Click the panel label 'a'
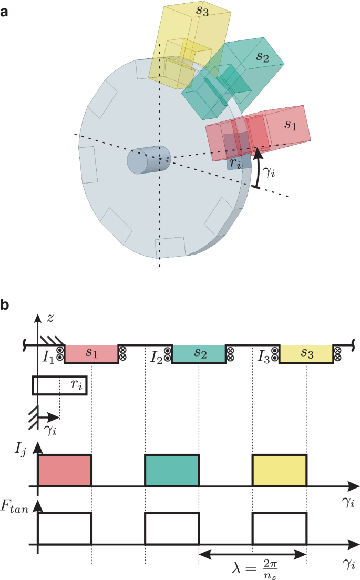point(5,10)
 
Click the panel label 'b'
point(5,305)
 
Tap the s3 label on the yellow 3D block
point(202,12)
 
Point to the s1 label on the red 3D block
point(291,125)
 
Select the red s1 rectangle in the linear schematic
point(90,354)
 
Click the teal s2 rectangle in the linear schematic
point(199,354)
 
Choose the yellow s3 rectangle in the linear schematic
point(306,354)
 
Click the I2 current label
point(157,358)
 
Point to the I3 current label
point(264,358)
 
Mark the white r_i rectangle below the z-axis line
point(59,385)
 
